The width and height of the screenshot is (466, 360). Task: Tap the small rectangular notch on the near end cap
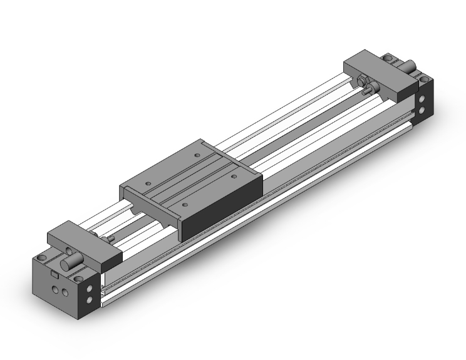pyautogui.click(x=55, y=274)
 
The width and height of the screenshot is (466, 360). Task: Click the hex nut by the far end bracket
pyautogui.click(x=363, y=81)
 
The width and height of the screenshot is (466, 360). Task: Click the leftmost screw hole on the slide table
pyautogui.click(x=148, y=183)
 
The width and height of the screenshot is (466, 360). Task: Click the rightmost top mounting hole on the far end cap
pyautogui.click(x=426, y=81)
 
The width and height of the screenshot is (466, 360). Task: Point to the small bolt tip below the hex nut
pyautogui.click(x=371, y=88)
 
